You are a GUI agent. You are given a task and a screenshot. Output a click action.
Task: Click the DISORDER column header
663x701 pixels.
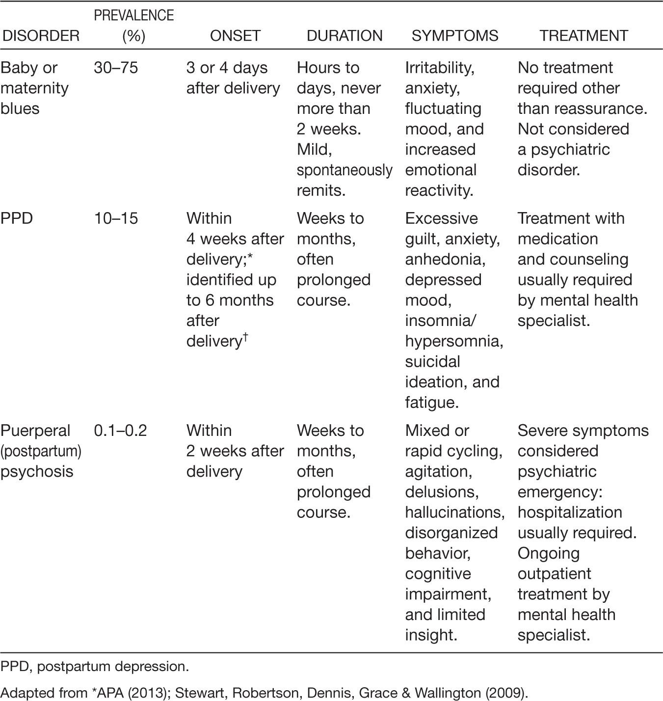tap(40, 36)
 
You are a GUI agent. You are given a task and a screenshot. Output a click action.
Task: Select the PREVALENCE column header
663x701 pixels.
tap(133, 26)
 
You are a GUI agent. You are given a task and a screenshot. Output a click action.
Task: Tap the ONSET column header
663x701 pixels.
tap(235, 36)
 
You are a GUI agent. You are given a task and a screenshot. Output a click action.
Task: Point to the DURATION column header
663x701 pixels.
tap(345, 36)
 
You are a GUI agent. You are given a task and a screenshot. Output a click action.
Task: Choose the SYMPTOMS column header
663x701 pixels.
tap(455, 36)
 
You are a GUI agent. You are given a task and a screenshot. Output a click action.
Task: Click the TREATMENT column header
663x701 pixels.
tap(583, 36)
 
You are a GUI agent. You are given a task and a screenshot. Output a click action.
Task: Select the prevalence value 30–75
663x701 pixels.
tap(116, 68)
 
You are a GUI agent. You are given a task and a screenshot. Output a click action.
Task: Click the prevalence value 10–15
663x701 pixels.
tap(116, 218)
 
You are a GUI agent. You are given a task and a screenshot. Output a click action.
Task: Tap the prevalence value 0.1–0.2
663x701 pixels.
tap(120, 431)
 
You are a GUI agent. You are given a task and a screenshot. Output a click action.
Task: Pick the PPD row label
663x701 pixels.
tap(17, 218)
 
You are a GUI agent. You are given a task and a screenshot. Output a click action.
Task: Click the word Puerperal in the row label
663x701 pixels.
tap(36, 431)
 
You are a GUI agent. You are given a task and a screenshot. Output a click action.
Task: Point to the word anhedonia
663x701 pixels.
tap(445, 259)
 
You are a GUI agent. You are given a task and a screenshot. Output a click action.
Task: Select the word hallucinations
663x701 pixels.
tap(454, 512)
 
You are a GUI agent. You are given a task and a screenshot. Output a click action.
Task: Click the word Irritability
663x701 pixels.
tap(439, 68)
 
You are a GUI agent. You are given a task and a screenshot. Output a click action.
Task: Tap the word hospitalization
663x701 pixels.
tap(570, 512)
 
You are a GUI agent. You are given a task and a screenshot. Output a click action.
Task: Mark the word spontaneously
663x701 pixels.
tap(345, 170)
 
